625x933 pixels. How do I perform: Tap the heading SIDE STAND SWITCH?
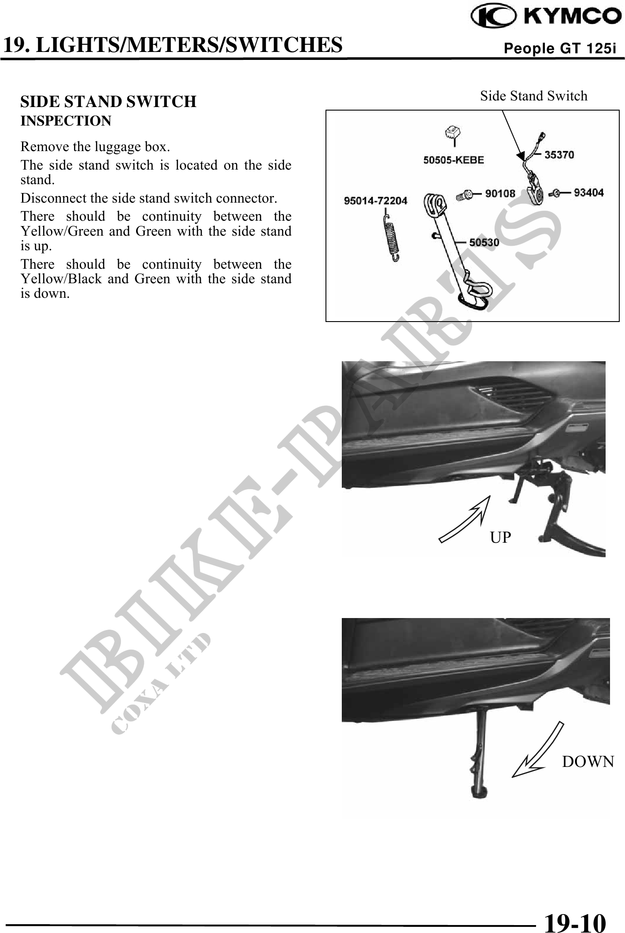108,102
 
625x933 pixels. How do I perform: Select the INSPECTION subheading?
66,121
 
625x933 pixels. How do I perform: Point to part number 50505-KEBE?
453,160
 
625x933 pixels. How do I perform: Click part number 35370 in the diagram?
559,155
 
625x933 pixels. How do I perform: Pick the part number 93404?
589,193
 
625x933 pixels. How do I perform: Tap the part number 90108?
500,193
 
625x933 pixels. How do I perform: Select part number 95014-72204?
375,201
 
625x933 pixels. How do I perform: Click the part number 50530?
484,242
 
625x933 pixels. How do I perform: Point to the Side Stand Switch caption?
533,96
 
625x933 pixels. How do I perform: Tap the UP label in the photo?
501,537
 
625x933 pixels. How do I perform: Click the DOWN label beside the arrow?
588,761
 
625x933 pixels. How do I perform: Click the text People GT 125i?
559,48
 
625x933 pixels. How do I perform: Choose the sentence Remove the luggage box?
96,146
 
